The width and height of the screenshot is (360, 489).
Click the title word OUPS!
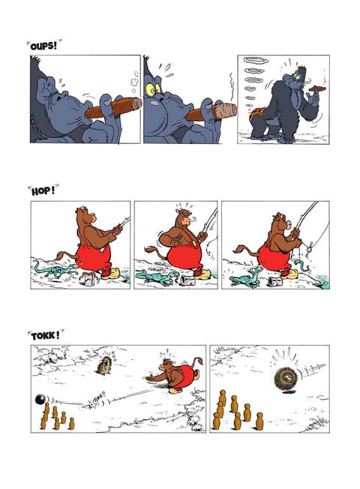coord(43,46)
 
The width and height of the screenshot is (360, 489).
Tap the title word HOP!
coord(43,190)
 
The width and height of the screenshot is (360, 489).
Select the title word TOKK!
coord(45,336)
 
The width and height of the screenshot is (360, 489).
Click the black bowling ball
coord(40,399)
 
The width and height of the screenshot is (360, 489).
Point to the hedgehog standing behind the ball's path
coord(105,364)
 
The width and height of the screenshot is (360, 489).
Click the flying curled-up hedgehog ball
coord(286,377)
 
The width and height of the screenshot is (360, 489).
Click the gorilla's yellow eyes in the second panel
coord(153,89)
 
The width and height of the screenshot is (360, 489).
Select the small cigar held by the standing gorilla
coord(317,89)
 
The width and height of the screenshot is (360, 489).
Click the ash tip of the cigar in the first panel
coord(136,103)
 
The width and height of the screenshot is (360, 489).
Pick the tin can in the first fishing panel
coord(88,277)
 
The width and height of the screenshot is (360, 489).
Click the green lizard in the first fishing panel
coord(55,268)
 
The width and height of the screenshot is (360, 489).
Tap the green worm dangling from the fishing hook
coord(302,265)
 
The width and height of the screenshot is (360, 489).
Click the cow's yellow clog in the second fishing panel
coord(203,275)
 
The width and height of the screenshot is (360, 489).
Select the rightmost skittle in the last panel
coord(259,421)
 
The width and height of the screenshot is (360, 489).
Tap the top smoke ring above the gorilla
coord(256,60)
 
